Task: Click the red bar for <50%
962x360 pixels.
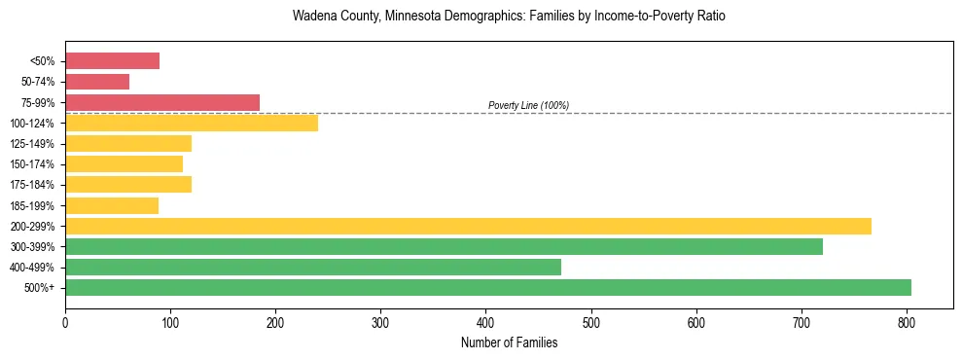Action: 112,61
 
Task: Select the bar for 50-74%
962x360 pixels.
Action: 97,82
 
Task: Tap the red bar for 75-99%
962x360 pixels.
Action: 162,102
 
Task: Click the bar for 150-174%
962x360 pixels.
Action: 124,163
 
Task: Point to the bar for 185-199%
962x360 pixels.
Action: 112,205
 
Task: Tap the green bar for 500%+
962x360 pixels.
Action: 488,287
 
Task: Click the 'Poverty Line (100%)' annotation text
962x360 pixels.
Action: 528,105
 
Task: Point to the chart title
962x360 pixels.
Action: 509,17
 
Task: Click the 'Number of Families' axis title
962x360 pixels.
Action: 509,342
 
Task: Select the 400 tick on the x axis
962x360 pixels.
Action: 486,319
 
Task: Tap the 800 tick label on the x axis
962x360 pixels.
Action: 907,319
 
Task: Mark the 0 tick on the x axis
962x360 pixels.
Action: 65,319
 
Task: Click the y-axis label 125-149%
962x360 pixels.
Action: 32,144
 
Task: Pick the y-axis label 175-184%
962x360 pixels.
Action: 32,185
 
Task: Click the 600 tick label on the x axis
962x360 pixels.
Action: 696,319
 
